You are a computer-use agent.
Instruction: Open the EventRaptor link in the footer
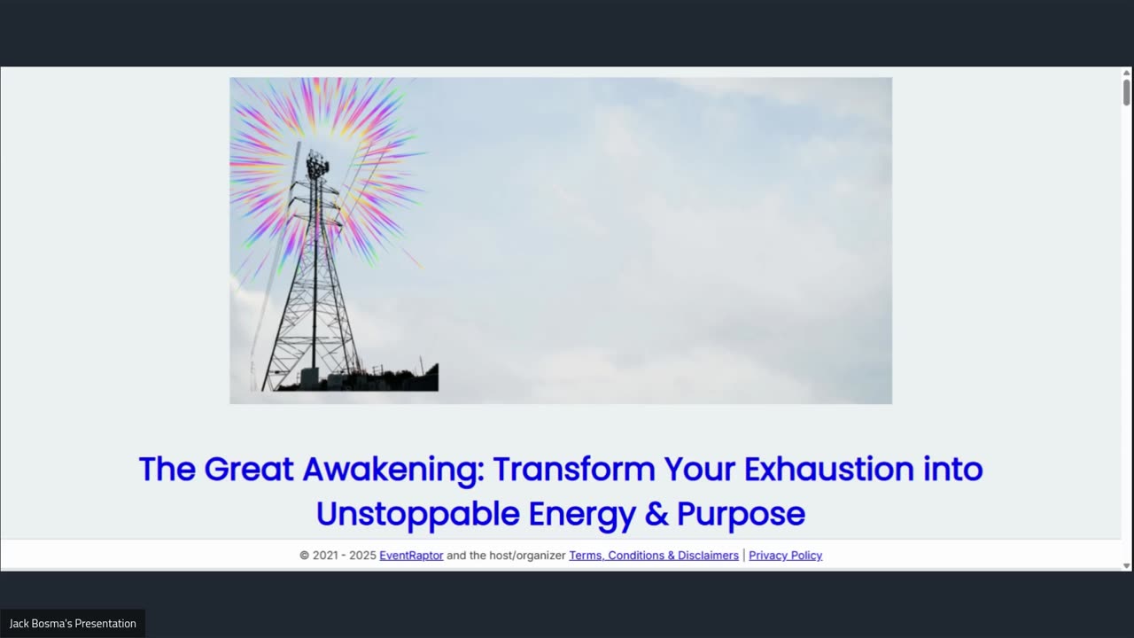pyautogui.click(x=411, y=556)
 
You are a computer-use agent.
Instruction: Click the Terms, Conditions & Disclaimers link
pyautogui.click(x=654, y=556)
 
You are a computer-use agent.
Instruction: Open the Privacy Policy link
pyautogui.click(x=785, y=556)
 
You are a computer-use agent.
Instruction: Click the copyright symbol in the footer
pyautogui.click(x=305, y=556)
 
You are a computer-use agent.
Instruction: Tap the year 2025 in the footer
pyautogui.click(x=362, y=556)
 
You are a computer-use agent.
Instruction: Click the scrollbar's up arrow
pyautogui.click(x=1127, y=73)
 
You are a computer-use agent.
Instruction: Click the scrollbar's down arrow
pyautogui.click(x=1127, y=565)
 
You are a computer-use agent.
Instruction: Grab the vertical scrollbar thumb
pyautogui.click(x=1127, y=91)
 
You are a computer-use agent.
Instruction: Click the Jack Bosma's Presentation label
pyautogui.click(x=73, y=623)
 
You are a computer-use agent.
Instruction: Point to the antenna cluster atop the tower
pyautogui.click(x=317, y=164)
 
